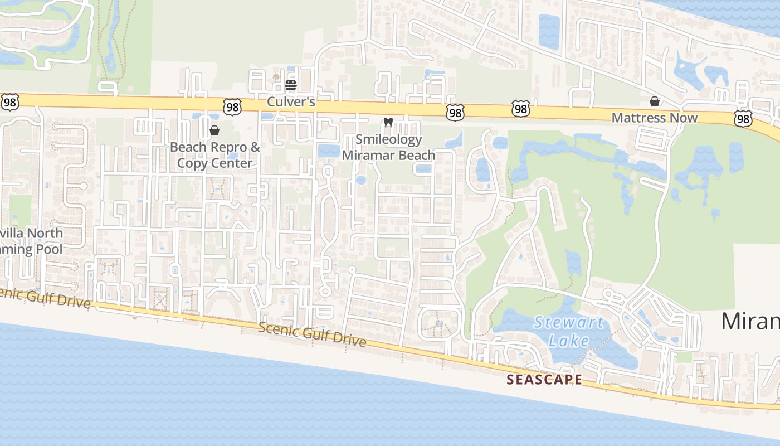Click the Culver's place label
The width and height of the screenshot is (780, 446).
(x=291, y=102)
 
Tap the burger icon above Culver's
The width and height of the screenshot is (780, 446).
(x=290, y=86)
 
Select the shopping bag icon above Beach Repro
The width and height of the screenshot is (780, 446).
(x=214, y=131)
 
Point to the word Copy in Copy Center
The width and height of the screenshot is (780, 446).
(x=192, y=163)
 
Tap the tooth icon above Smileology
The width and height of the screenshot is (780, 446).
(x=388, y=122)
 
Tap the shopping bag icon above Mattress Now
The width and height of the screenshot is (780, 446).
(x=655, y=101)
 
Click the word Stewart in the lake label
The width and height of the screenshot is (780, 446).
(x=568, y=323)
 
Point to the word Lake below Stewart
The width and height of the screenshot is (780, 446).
(x=568, y=340)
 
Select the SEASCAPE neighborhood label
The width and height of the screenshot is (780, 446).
(x=544, y=380)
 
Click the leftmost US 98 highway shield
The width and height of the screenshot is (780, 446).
(x=10, y=101)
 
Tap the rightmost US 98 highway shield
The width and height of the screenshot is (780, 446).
(x=743, y=118)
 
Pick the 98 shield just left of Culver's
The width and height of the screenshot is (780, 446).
(x=232, y=107)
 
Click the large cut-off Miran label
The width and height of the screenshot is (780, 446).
(x=750, y=322)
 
